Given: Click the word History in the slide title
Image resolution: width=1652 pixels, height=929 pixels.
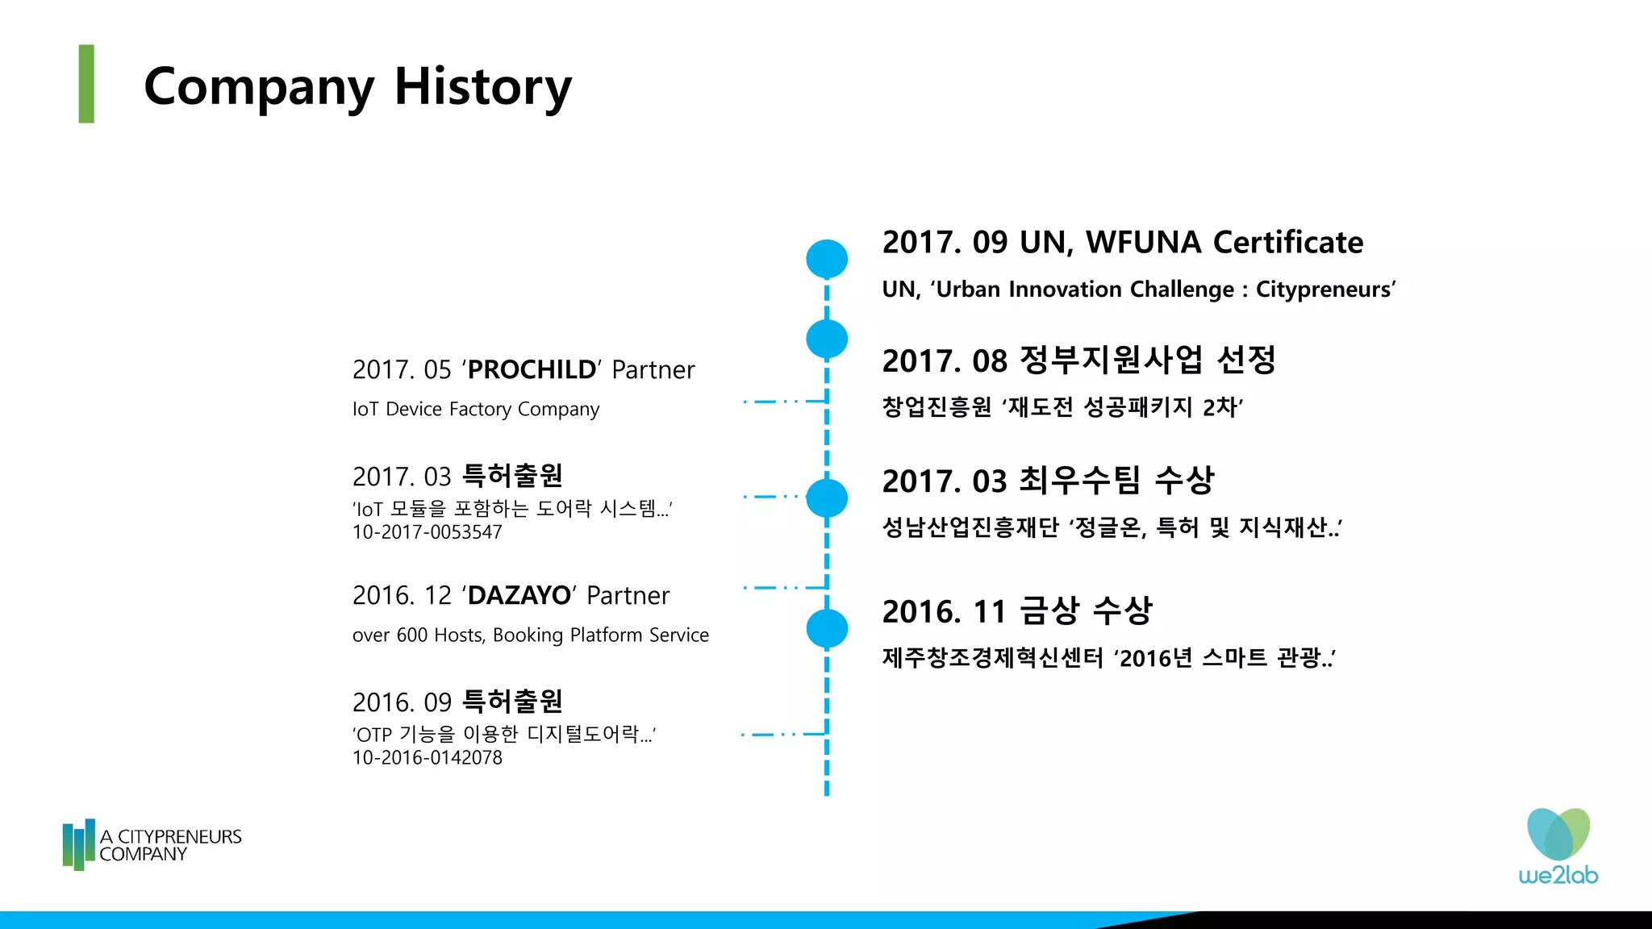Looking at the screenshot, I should (x=482, y=87).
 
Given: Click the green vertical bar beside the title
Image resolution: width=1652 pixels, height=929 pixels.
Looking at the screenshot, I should (x=86, y=84).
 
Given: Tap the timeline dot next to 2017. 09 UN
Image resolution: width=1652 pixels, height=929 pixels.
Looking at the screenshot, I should (x=827, y=259).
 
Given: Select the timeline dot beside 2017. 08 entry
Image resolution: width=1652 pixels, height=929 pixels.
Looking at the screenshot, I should (x=827, y=339).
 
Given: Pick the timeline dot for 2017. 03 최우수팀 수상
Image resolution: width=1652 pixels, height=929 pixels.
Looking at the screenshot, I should (x=827, y=498).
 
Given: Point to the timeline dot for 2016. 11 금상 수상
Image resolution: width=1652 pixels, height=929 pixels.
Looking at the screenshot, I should (x=827, y=628).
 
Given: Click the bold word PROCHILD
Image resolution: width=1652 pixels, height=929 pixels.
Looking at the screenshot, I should (x=532, y=369).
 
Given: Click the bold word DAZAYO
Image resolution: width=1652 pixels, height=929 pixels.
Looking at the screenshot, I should (x=519, y=595).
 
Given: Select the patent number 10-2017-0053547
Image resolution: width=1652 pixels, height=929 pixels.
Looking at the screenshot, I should (x=427, y=532).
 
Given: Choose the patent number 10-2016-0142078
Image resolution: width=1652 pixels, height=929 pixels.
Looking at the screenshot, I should (x=427, y=758).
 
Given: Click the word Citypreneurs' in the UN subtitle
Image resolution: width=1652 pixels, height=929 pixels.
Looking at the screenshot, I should (x=1325, y=289).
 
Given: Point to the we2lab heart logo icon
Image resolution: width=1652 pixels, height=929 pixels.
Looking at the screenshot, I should (x=1558, y=834).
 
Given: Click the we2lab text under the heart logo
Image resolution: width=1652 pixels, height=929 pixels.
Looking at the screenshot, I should (x=1558, y=875).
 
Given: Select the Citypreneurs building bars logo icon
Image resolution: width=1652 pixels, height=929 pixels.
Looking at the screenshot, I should (x=78, y=844).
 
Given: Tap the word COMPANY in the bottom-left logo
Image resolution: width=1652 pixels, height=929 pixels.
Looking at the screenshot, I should (x=143, y=855).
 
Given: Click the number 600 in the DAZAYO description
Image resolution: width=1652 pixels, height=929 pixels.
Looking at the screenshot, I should (x=411, y=635).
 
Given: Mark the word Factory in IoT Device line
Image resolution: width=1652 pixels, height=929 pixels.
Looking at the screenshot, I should (x=480, y=409).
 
